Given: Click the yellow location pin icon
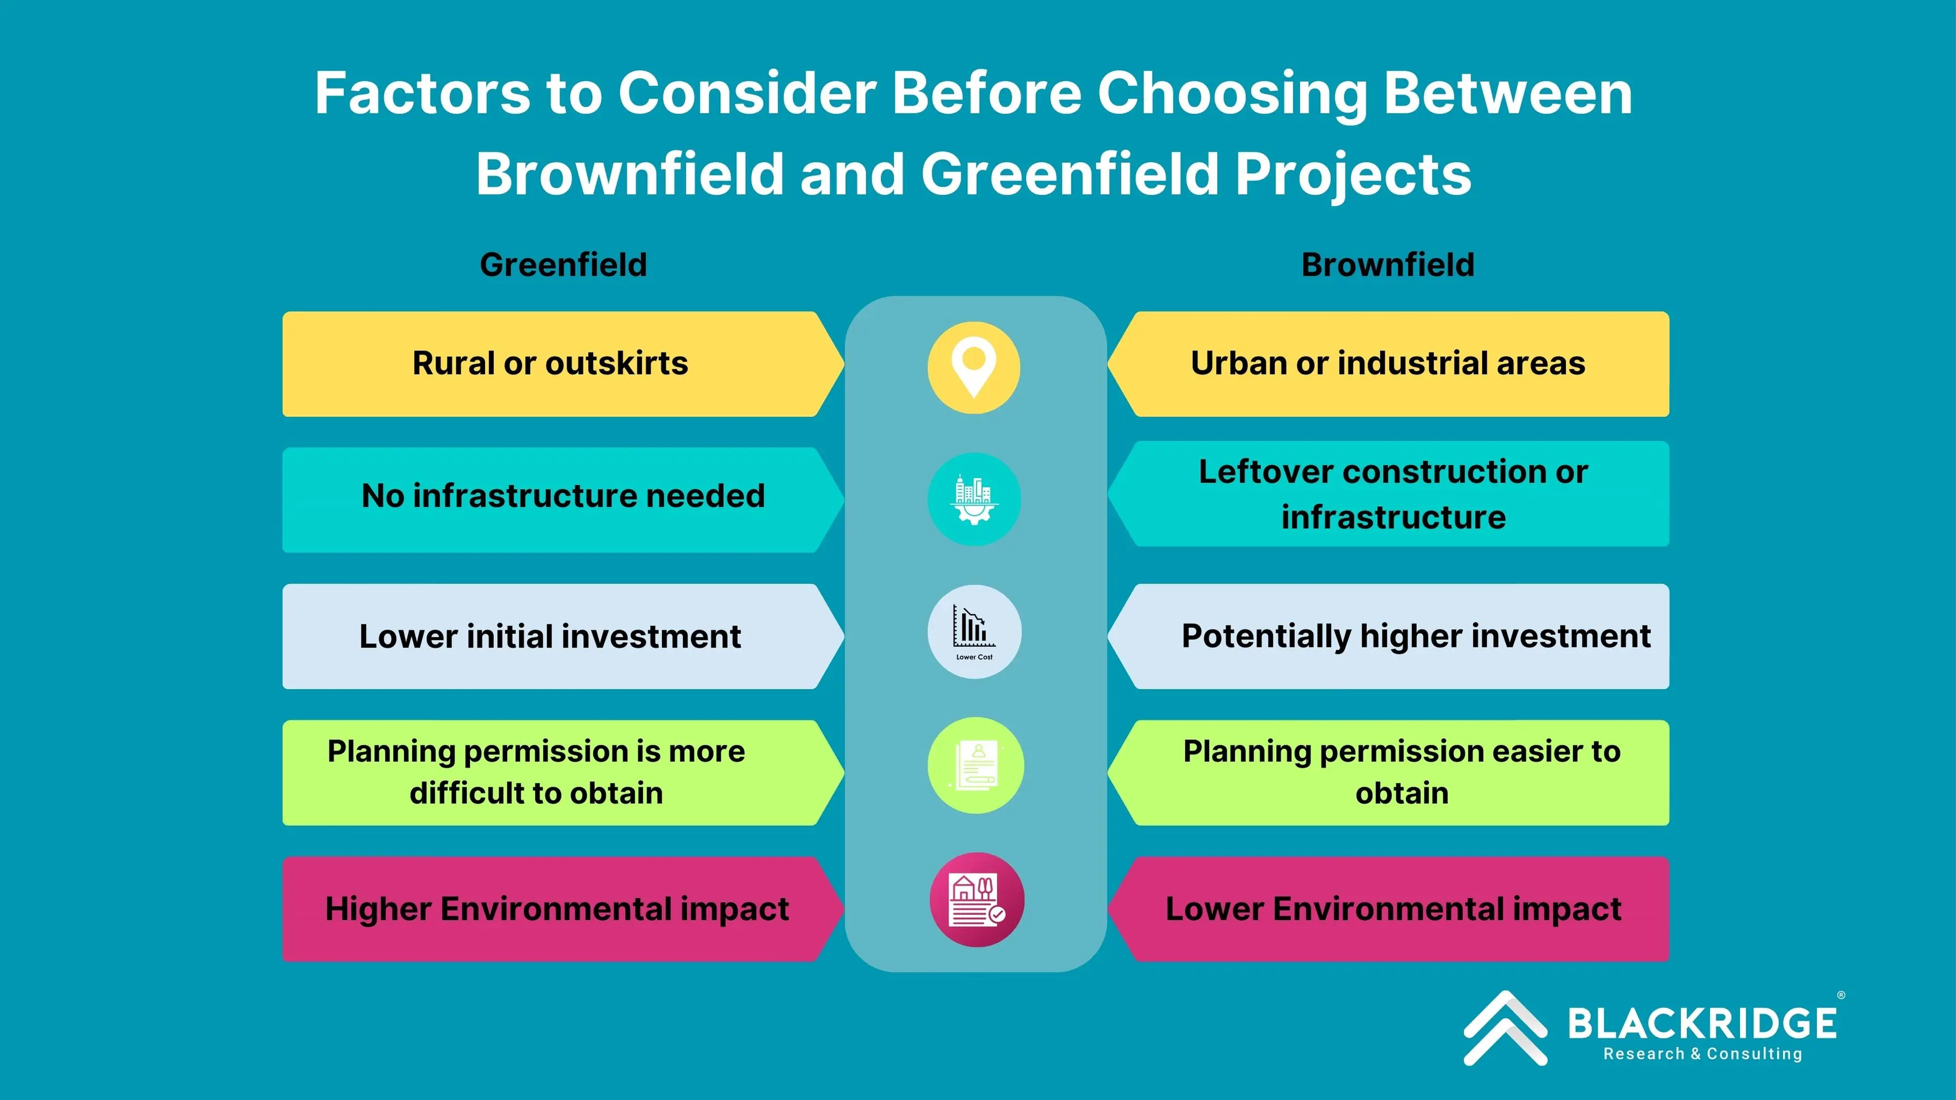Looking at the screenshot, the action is point(974,368).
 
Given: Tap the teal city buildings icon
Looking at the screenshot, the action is point(974,499).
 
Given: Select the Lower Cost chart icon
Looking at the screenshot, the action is point(974,631).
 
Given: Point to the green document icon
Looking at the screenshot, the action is point(976,765).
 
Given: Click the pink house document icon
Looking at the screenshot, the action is point(976,900).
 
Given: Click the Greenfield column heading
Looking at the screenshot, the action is point(563,265).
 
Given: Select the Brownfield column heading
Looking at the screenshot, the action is point(1388,265).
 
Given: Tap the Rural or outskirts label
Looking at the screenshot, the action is point(550,363).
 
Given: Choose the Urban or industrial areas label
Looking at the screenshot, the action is point(1388,363).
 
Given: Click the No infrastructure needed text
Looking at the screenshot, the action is point(563,495).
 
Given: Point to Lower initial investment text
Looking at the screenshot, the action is point(550,636).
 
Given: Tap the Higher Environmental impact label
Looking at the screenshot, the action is point(557,909).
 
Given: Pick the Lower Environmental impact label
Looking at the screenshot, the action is point(1394,909).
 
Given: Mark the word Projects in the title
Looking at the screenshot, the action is point(1354,175).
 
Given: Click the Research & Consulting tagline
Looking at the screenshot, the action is point(1702,1054).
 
